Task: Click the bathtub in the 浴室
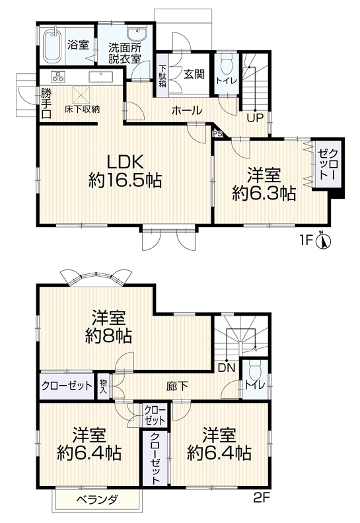pos(52,46)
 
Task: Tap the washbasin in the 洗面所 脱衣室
pos(137,34)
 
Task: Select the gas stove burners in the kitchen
pos(57,77)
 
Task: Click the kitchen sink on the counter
pos(102,77)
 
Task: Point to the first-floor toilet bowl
pos(227,65)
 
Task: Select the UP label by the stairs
pos(255,118)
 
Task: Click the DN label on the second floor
pos(227,368)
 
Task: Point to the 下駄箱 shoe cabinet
pos(162,75)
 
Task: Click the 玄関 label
pos(194,74)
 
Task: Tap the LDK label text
pos(125,162)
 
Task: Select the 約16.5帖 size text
pos(125,181)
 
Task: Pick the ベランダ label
pos(97,500)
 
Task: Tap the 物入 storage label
pos(104,386)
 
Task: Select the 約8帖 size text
pos(109,336)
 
